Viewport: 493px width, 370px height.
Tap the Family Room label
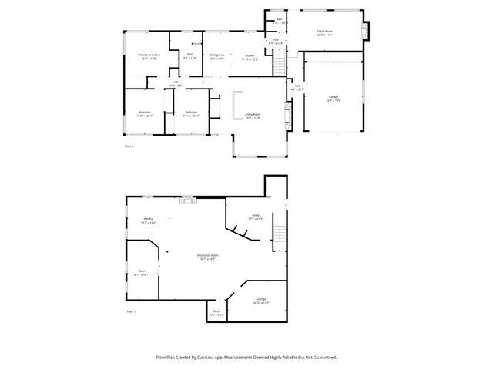click(x=324, y=32)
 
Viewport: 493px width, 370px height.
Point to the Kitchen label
click(x=250, y=55)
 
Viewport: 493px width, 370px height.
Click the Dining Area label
click(x=217, y=55)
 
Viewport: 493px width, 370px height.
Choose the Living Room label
click(x=253, y=114)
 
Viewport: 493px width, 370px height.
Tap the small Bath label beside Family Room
click(x=279, y=18)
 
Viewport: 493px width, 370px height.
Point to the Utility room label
click(x=256, y=215)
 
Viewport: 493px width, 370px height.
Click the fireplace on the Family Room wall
click(x=367, y=30)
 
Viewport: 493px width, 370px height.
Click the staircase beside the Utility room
click(x=281, y=229)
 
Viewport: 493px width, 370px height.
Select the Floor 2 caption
click(x=129, y=146)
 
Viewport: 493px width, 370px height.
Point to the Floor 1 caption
click(x=130, y=311)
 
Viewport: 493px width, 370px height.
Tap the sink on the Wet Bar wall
click(x=186, y=199)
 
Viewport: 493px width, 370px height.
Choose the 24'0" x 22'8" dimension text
click(x=253, y=118)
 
